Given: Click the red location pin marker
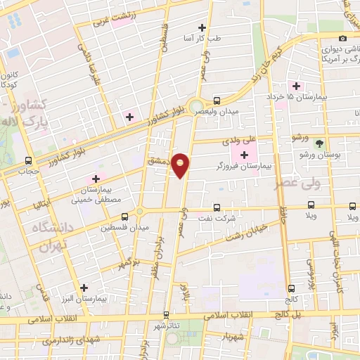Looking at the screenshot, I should point(181,165).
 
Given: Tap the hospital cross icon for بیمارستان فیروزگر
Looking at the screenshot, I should point(244,155).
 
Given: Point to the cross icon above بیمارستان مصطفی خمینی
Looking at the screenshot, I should point(96,179).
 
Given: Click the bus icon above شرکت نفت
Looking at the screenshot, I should point(217,207).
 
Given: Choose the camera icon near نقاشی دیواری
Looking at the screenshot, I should point(342,38).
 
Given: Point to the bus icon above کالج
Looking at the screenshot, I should point(291,288).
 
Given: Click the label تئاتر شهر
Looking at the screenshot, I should point(167,326).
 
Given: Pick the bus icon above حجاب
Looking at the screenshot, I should point(28,160).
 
